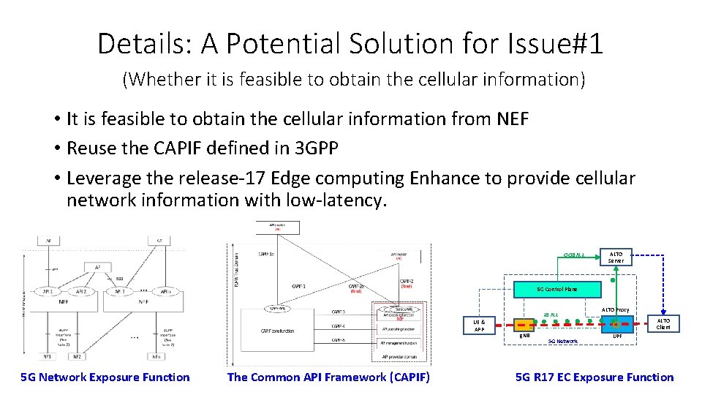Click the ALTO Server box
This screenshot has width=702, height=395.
616,257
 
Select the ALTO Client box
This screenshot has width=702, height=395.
663,324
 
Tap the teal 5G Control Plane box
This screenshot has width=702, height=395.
556,289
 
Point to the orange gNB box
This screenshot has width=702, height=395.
525,326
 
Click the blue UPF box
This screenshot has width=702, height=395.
616,326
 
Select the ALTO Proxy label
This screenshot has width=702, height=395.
615,310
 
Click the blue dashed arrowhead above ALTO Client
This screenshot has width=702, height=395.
663,313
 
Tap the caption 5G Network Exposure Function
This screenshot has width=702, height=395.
105,377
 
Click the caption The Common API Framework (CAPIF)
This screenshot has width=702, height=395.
328,377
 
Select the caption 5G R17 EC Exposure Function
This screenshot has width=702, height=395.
595,377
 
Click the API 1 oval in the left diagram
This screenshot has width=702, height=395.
48,290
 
